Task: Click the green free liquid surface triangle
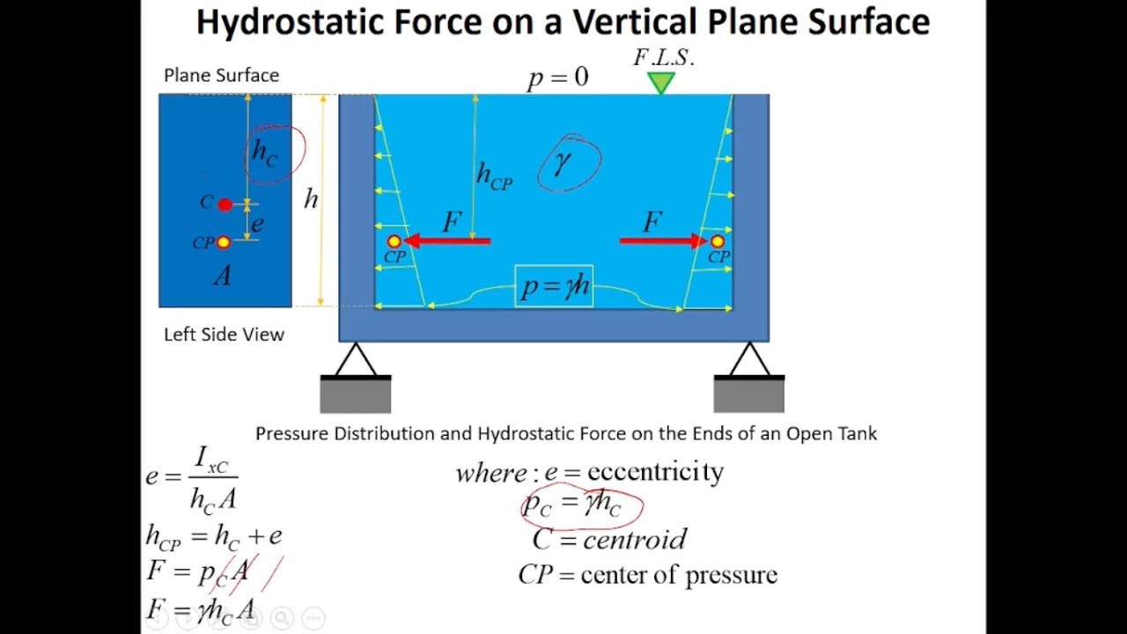(660, 83)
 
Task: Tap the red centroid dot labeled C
(225, 204)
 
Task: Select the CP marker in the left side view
(224, 242)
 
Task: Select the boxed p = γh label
(554, 287)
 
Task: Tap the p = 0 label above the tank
(557, 78)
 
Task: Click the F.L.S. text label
(664, 58)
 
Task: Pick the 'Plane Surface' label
(221, 76)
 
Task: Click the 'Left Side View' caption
(224, 335)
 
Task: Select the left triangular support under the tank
(355, 361)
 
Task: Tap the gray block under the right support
(748, 396)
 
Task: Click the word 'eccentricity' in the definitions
(655, 472)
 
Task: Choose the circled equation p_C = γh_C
(580, 505)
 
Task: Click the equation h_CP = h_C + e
(214, 536)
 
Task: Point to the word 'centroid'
(634, 539)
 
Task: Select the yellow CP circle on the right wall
(718, 241)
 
